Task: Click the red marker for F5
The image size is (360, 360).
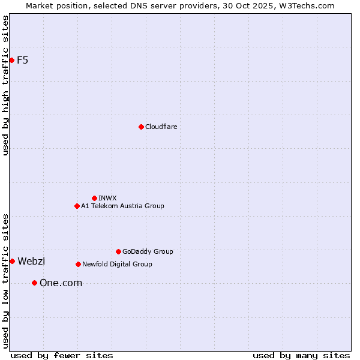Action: pyautogui.click(x=11, y=60)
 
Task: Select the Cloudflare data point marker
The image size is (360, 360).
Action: pyautogui.click(x=141, y=127)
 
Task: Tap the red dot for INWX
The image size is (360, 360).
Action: pyautogui.click(x=94, y=198)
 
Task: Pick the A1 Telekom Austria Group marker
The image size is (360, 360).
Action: pyautogui.click(x=77, y=206)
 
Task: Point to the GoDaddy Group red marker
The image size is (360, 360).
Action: pyautogui.click(x=118, y=251)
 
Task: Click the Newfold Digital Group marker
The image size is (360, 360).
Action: pyautogui.click(x=78, y=264)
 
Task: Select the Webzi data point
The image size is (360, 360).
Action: pyautogui.click(x=12, y=261)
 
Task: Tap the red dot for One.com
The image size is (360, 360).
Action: pyautogui.click(x=34, y=283)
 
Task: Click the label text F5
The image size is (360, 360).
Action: pyautogui.click(x=23, y=60)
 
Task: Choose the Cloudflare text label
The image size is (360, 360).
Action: pyautogui.click(x=161, y=127)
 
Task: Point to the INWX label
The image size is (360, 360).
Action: pyautogui.click(x=108, y=198)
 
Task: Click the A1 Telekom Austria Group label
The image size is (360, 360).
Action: pyautogui.click(x=122, y=206)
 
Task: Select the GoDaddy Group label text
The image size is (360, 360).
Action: pyautogui.click(x=148, y=251)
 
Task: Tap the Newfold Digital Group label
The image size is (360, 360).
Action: pyautogui.click(x=117, y=264)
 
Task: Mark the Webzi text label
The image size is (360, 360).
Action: pyautogui.click(x=31, y=261)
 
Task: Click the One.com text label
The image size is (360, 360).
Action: pyautogui.click(x=61, y=283)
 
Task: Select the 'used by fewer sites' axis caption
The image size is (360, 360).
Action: pyautogui.click(x=62, y=355)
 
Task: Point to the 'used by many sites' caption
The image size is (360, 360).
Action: pyautogui.click(x=301, y=355)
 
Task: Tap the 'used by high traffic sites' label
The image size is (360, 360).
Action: pyautogui.click(x=5, y=85)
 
